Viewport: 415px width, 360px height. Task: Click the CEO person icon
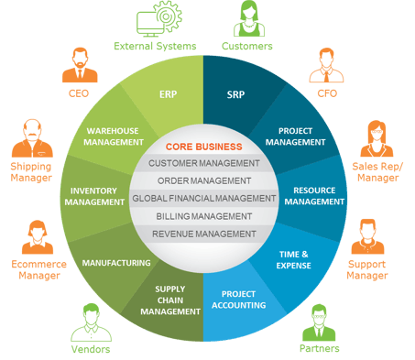pyautogui.click(x=80, y=65)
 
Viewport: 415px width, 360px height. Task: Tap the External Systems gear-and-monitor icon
pyautogui.click(x=159, y=19)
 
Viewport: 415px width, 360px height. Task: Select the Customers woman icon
pyautogui.click(x=249, y=18)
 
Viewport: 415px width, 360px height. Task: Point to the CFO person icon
pyautogui.click(x=326, y=65)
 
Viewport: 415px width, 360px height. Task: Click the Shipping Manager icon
pyautogui.click(x=32, y=138)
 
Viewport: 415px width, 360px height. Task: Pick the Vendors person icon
pyautogui.click(x=91, y=322)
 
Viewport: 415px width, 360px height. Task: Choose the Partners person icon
pyautogui.click(x=319, y=322)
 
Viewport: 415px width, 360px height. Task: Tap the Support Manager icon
pyautogui.click(x=367, y=236)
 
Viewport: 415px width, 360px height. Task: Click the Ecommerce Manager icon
pyautogui.click(x=38, y=237)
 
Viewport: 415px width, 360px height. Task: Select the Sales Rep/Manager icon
pyautogui.click(x=377, y=138)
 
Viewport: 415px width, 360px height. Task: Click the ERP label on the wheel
pyautogui.click(x=168, y=94)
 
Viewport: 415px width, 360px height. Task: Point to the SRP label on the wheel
pyautogui.click(x=235, y=94)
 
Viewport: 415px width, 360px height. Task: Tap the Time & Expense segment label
pyautogui.click(x=293, y=260)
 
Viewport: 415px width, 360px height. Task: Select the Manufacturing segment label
pyautogui.click(x=116, y=263)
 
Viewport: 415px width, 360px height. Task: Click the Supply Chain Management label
pyautogui.click(x=170, y=300)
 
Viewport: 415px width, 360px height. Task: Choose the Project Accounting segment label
pyautogui.click(x=239, y=300)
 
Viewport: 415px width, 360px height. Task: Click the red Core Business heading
pyautogui.click(x=204, y=147)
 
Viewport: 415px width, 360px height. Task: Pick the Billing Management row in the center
pyautogui.click(x=204, y=216)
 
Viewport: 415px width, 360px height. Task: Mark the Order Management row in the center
pyautogui.click(x=204, y=181)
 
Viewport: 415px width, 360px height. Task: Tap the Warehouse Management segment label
pyautogui.click(x=114, y=136)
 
